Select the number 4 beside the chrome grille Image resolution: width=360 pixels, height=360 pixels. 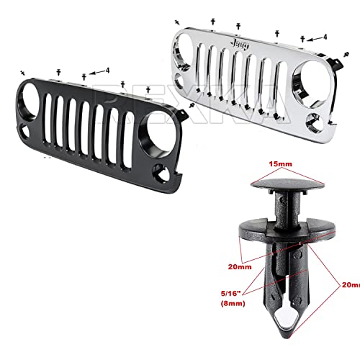(325, 36)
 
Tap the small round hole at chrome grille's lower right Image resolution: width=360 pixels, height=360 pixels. (315, 121)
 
